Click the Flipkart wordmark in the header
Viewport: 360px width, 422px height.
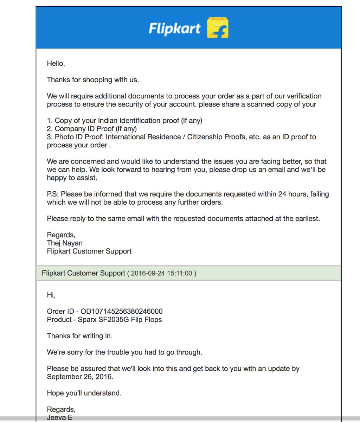tap(174, 28)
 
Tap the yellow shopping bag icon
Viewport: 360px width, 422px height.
tap(218, 27)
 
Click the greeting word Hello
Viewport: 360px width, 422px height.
tap(56, 64)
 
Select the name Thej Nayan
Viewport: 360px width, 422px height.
tap(65, 243)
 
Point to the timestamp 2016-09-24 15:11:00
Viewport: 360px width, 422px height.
tap(162, 273)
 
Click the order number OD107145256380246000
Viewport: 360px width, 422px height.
tap(122, 312)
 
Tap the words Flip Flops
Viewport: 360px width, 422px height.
tap(147, 320)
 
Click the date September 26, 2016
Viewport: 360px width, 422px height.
tap(80, 377)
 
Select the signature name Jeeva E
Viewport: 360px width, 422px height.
tap(59, 417)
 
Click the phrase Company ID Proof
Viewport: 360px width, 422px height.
tap(84, 129)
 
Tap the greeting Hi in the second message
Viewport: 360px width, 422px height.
tap(51, 295)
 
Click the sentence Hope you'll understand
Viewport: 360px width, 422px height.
tap(84, 393)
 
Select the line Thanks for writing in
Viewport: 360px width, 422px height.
tap(80, 336)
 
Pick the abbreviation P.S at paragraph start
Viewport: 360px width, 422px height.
tap(52, 194)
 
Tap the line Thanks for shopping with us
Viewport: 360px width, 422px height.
tap(93, 80)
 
